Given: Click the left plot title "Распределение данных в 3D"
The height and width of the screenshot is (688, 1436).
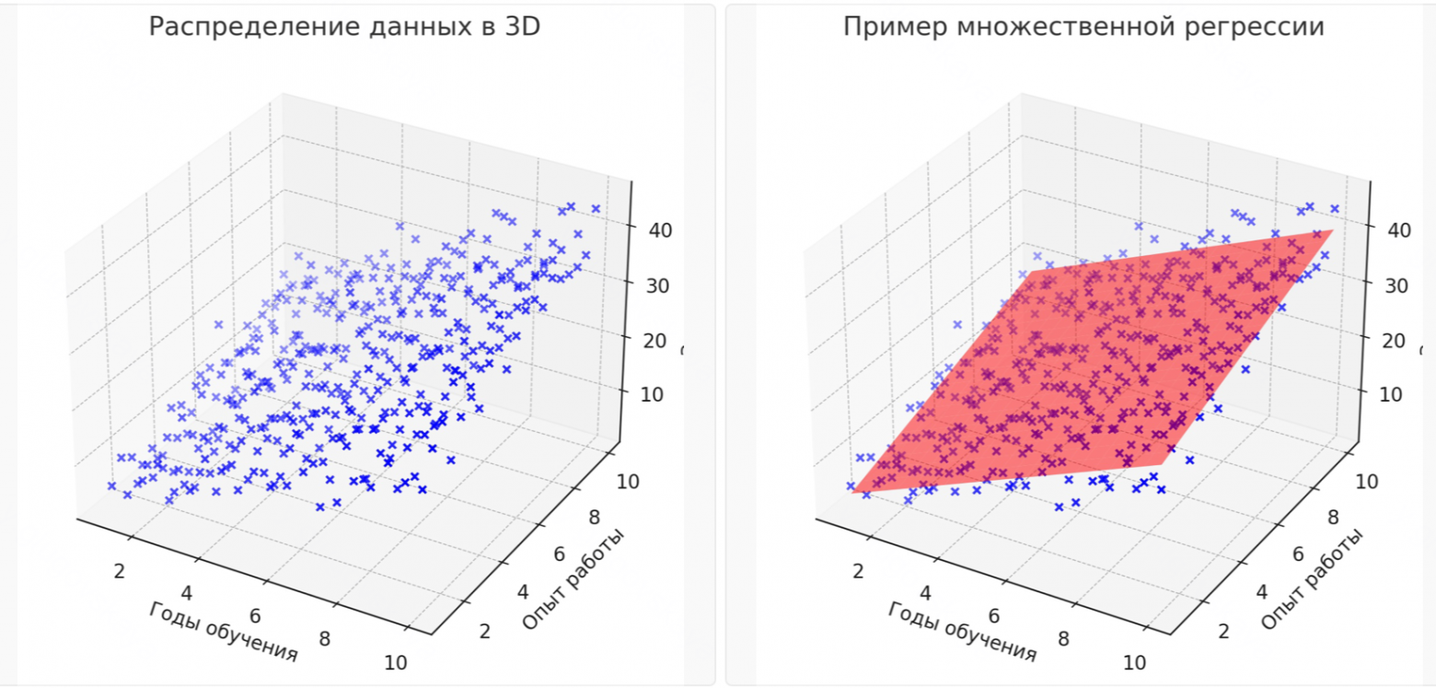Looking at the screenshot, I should click(344, 27).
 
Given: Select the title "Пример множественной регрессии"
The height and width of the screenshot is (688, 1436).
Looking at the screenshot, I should click(1083, 27).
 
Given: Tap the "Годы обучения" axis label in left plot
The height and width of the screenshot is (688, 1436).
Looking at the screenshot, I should click(224, 631).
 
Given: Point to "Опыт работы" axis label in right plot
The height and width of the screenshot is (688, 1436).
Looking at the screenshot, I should click(1312, 580).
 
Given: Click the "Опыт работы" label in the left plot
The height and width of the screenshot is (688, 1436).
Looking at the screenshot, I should click(573, 580).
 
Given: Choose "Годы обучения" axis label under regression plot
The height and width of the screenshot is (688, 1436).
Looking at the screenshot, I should click(963, 631).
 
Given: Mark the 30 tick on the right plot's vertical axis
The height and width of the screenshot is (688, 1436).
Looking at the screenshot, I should click(1397, 285).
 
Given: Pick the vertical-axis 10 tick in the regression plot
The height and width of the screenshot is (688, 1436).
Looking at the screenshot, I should click(1397, 393).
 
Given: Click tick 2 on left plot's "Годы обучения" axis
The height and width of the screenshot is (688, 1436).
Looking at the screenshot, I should click(120, 571).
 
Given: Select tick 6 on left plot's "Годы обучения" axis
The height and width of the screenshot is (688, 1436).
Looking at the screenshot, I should click(256, 616).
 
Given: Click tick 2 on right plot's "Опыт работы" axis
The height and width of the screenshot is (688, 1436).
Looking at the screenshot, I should click(1223, 631).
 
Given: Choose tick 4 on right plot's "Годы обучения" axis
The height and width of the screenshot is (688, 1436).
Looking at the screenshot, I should click(925, 592).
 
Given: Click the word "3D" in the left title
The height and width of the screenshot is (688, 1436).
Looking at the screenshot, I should click(520, 27).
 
